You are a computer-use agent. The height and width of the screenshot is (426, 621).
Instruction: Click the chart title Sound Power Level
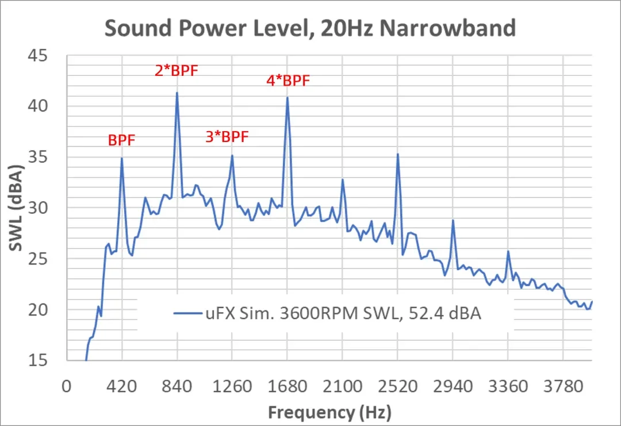click(x=310, y=27)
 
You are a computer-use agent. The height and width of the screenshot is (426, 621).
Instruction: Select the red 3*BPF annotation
click(x=227, y=137)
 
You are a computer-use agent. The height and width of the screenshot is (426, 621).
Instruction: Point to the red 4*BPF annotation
click(x=288, y=80)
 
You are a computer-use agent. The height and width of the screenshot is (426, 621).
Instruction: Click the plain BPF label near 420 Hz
click(x=121, y=140)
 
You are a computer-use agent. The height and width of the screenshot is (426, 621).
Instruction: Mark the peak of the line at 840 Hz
click(x=177, y=93)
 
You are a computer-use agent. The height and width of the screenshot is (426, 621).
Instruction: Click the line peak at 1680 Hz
click(x=287, y=97)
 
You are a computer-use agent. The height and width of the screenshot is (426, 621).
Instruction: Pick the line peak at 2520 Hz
click(x=397, y=154)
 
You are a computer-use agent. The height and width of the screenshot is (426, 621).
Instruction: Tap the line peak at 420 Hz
click(x=122, y=158)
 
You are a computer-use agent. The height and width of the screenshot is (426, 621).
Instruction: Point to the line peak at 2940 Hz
click(x=453, y=220)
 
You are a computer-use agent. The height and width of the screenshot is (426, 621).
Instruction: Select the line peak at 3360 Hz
click(x=508, y=251)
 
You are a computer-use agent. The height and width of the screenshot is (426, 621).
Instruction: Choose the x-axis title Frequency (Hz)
click(x=329, y=412)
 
